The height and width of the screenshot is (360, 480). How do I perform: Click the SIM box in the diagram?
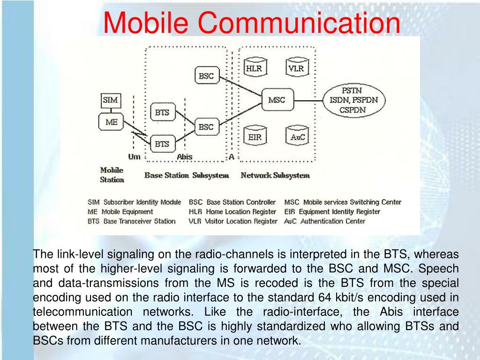(x=111, y=100)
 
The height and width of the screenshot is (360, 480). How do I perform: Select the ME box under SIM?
(x=111, y=122)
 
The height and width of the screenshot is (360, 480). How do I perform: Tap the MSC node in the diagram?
(x=277, y=100)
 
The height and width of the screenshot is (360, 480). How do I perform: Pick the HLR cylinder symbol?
(x=255, y=68)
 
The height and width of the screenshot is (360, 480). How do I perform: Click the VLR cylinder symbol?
(x=296, y=68)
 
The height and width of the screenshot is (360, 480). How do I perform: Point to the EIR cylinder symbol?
(x=255, y=136)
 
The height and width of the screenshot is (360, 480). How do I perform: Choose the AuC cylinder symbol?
(x=296, y=136)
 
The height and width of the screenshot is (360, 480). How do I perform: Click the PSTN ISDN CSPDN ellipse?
(x=352, y=100)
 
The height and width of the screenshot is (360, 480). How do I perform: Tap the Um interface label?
(x=134, y=157)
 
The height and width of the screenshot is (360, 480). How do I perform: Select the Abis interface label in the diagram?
(x=184, y=157)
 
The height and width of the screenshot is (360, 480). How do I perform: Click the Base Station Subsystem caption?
(x=187, y=175)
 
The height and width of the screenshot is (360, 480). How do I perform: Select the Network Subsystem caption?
(x=275, y=175)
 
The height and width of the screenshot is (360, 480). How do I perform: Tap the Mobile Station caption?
(x=112, y=175)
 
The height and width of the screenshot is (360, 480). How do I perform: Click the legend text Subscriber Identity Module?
(x=142, y=202)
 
